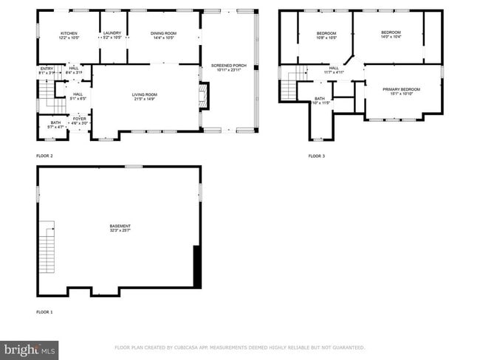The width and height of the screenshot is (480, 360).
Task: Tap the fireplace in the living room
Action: pyautogui.click(x=205, y=95)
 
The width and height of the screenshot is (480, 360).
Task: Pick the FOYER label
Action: pyautogui.click(x=79, y=119)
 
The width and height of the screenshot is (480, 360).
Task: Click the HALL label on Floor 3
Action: pyautogui.click(x=334, y=70)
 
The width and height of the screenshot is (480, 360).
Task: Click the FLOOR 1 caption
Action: pyautogui.click(x=45, y=312)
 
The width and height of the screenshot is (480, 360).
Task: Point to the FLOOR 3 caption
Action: pyautogui.click(x=317, y=156)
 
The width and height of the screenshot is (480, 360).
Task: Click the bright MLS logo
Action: pyautogui.click(x=30, y=349)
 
